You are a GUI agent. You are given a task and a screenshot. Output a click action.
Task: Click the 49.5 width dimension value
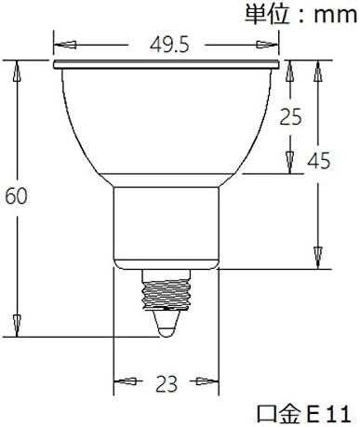169,46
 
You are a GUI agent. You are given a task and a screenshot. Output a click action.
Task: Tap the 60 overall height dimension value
17,196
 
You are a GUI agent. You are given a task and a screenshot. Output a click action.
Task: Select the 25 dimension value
290,117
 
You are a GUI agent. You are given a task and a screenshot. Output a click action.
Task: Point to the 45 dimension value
319,161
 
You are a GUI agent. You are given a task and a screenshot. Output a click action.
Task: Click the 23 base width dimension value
167,383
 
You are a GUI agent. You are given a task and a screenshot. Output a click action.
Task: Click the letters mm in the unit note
335,16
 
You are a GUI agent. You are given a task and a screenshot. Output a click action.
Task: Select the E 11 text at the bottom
328,414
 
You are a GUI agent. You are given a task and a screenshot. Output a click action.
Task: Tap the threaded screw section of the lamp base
167,294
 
